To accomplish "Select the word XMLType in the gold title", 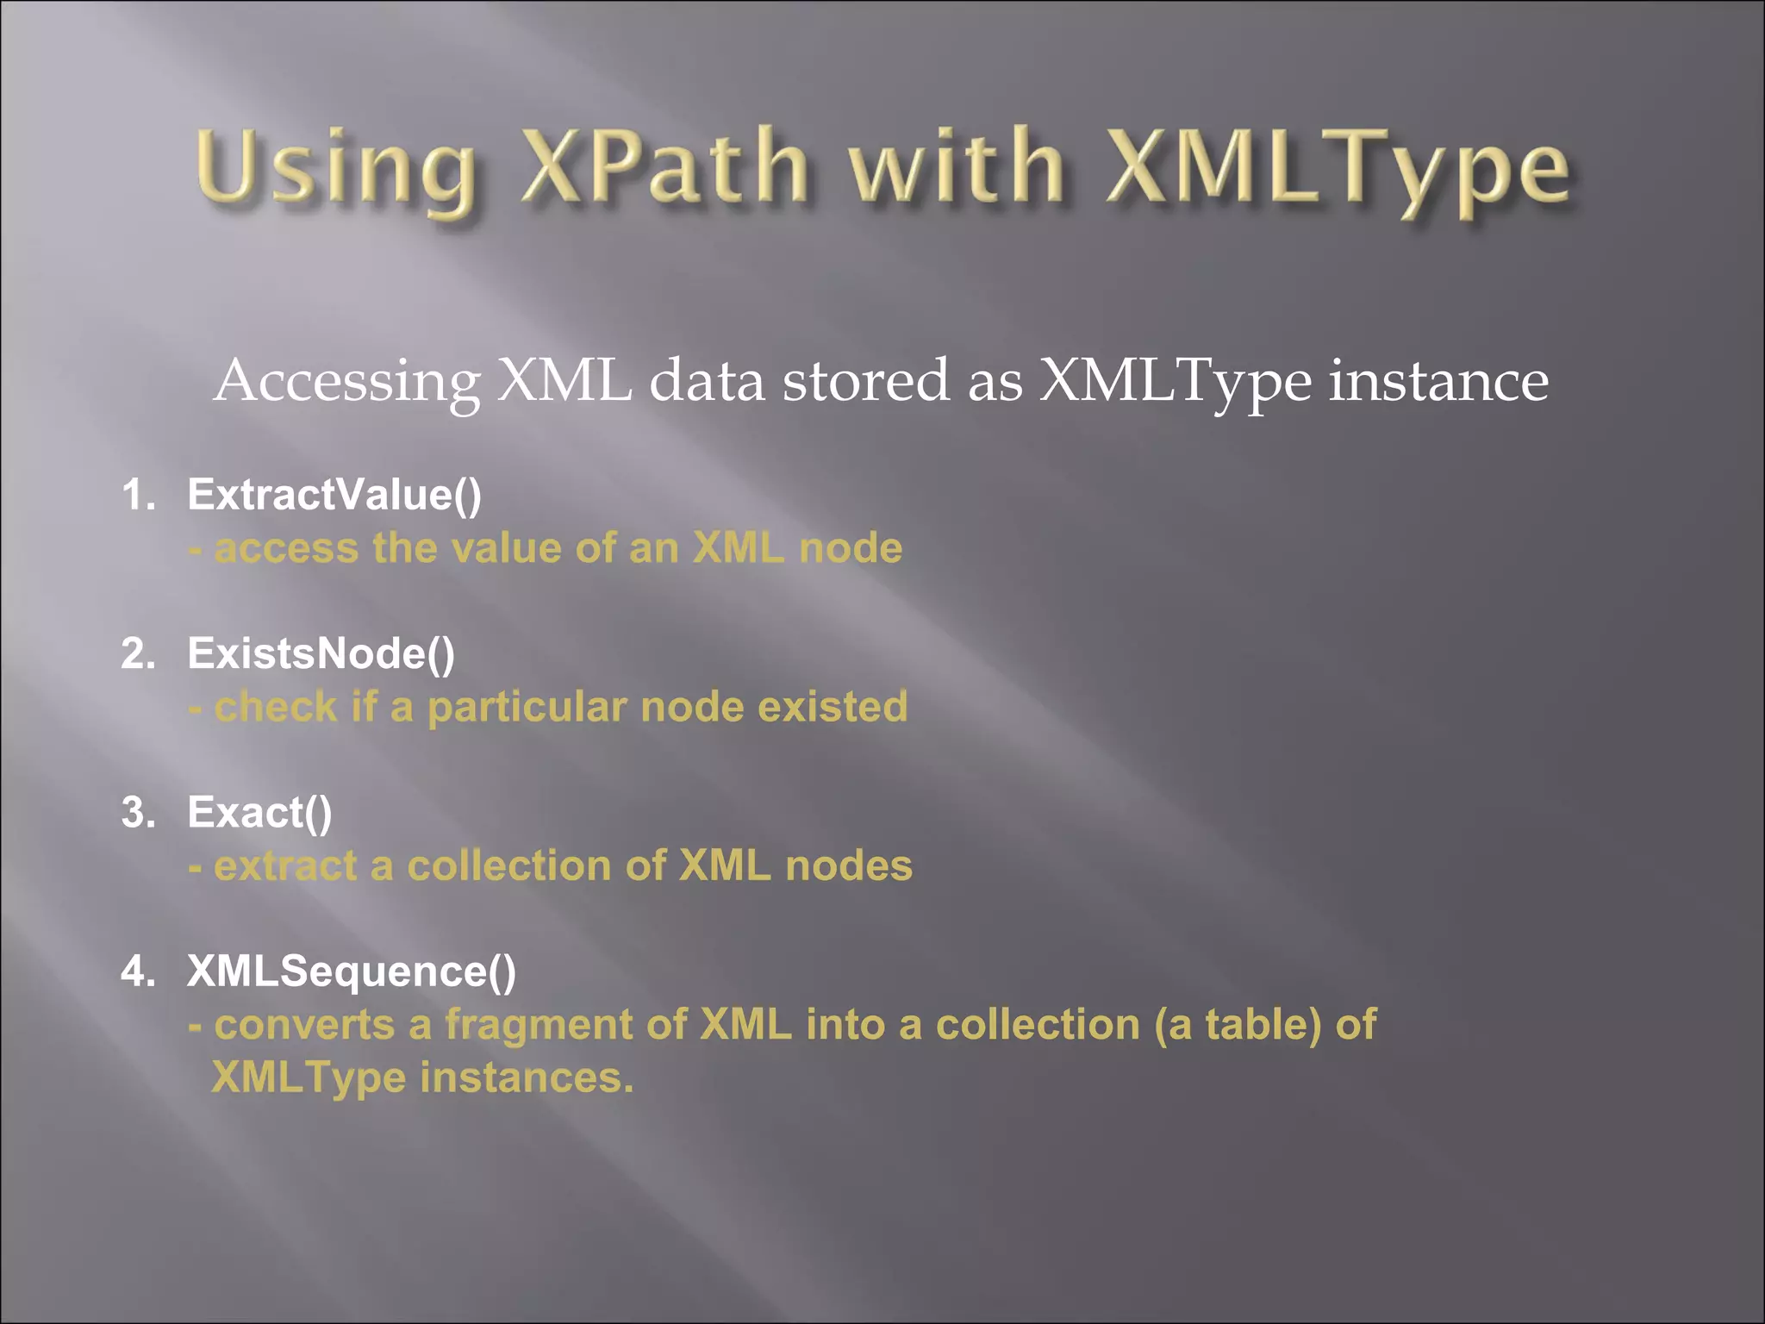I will (x=1340, y=168).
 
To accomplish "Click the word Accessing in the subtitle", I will (x=346, y=381).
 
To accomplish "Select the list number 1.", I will (x=138, y=495).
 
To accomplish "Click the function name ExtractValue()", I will (x=334, y=495).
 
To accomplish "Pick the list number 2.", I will (x=138, y=653).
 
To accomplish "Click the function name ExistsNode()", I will (x=321, y=653).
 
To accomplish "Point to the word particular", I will (x=527, y=707).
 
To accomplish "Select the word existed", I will (x=833, y=707).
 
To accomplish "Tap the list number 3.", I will (x=138, y=812).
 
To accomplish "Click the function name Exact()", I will (x=259, y=812).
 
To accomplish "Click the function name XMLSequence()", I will (x=352, y=971).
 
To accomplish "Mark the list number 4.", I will (x=138, y=971).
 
